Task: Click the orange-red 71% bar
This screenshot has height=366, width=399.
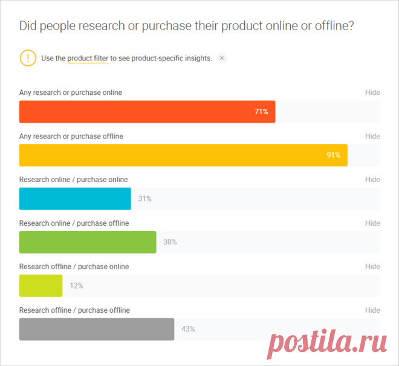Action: pyautogui.click(x=147, y=111)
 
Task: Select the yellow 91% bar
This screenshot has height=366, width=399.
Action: pyautogui.click(x=183, y=155)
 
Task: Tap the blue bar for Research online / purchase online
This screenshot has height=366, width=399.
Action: pyautogui.click(x=75, y=198)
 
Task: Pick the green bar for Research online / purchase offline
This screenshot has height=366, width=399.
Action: pyautogui.click(x=88, y=242)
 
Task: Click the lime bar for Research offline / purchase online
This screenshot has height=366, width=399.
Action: pyautogui.click(x=41, y=286)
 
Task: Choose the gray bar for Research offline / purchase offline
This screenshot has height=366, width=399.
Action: pyautogui.click(x=97, y=329)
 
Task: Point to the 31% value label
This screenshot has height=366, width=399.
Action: pyautogui.click(x=145, y=198)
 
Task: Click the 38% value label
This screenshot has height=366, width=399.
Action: pyautogui.click(x=170, y=242)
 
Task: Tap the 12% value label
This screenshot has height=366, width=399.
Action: pyautogui.click(x=76, y=286)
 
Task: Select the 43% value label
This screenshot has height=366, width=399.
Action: pyautogui.click(x=188, y=329)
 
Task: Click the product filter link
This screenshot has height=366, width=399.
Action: pyautogui.click(x=88, y=58)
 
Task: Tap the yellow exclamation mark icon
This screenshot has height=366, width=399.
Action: pyautogui.click(x=28, y=58)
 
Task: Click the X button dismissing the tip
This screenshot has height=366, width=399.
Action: pyautogui.click(x=222, y=58)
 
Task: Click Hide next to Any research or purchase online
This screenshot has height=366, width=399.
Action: pyautogui.click(x=372, y=93)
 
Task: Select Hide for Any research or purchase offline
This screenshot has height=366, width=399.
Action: pyautogui.click(x=372, y=136)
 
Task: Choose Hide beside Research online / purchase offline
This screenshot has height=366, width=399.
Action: pyautogui.click(x=372, y=223)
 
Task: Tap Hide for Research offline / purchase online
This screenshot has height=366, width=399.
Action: pyautogui.click(x=372, y=266)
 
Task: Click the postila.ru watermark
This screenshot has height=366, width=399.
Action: pyautogui.click(x=327, y=342)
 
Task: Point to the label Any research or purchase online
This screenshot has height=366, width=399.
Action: pyautogui.click(x=71, y=93)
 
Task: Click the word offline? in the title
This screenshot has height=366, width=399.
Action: pyautogui.click(x=334, y=26)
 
